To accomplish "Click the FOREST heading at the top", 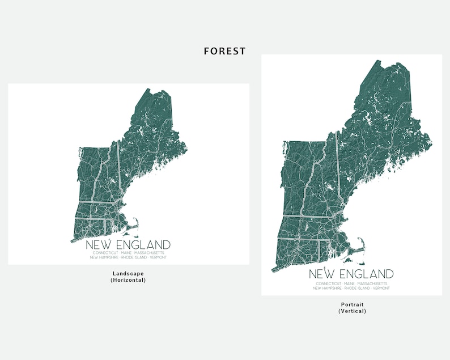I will (225, 51).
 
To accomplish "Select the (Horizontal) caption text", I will (128, 280).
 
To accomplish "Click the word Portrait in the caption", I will (352, 304).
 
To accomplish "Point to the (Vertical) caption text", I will (352, 311).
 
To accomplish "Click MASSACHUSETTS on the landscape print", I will (149, 253).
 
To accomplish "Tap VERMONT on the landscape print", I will (159, 257).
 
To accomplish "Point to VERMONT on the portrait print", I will (382, 288).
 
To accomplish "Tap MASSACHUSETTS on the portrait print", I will (372, 283).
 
